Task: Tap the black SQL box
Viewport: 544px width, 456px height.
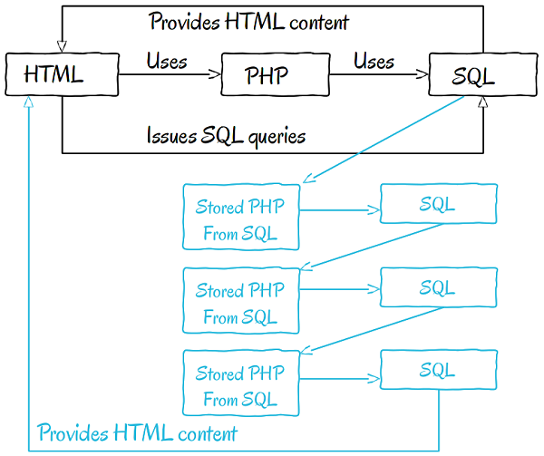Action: coord(472,76)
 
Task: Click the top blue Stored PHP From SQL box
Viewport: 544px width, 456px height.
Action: coord(240,218)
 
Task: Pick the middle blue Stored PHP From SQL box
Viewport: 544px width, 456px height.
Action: coord(240,304)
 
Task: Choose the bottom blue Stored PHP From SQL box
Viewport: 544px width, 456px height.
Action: coord(240,385)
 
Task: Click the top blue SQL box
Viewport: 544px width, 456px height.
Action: coord(438,205)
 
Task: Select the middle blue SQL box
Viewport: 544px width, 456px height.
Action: coord(438,288)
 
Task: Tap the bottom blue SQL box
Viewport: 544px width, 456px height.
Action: coord(438,370)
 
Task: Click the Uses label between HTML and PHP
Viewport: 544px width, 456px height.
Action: coord(167,62)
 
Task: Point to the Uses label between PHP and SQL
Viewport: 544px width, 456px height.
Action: coord(374,62)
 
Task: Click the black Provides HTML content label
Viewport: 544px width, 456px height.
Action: coord(249,20)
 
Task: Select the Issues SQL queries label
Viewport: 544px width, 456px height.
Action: coord(227,136)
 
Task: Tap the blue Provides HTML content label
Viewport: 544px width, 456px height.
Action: coord(138,432)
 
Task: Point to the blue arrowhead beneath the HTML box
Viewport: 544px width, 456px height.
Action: coord(30,104)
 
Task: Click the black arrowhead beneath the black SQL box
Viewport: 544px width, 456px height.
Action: coord(482,104)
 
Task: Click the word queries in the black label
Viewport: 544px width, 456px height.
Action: coord(274,137)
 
